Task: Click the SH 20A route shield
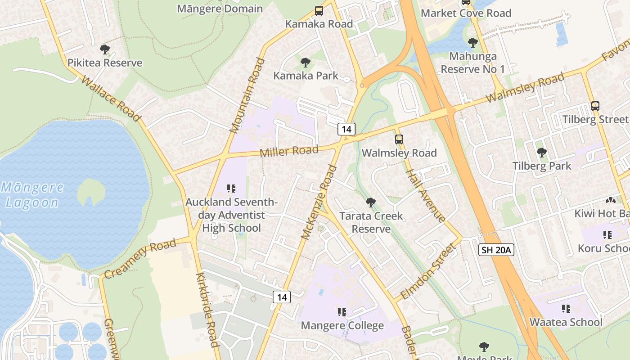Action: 496,250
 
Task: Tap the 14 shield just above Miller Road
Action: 346,129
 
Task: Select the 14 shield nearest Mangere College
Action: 282,297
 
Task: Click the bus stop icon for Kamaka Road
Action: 319,11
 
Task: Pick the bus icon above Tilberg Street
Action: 595,106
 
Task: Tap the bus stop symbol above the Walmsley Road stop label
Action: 399,139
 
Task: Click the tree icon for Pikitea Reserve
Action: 105,49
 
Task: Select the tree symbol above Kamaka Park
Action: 306,63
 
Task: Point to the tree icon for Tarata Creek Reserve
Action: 371,202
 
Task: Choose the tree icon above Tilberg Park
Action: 542,153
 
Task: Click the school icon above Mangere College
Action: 342,312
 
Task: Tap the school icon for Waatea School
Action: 566,309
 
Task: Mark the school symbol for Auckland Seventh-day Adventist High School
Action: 231,189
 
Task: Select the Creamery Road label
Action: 139,259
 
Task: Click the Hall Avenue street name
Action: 425,195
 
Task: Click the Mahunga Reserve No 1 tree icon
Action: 472,43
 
